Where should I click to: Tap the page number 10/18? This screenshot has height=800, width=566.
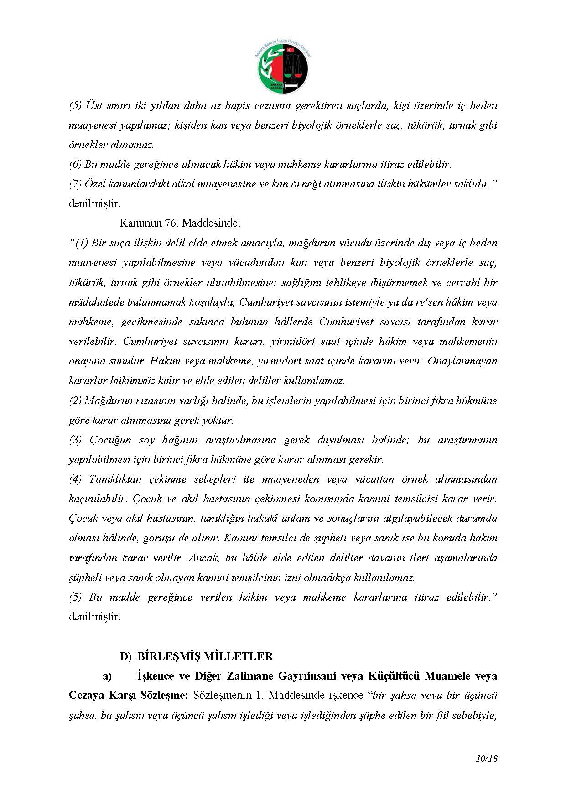pos(486,759)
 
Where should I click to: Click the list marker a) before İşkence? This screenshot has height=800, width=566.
pos(107,676)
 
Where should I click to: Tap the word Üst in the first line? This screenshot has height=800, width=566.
pos(93,105)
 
